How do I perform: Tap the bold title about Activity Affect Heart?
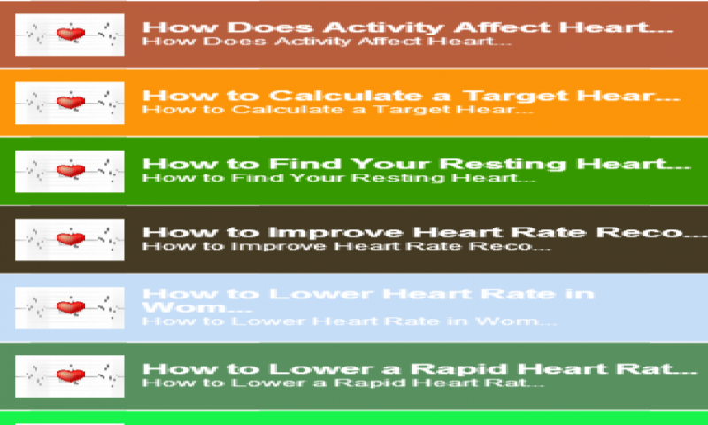point(406,27)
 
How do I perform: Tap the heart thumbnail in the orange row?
point(69,103)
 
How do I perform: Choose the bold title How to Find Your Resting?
point(415,164)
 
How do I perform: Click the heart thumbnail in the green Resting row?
point(69,170)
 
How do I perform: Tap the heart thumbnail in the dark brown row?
point(69,238)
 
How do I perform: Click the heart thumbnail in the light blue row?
point(69,306)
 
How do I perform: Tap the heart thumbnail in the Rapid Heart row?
point(69,375)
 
